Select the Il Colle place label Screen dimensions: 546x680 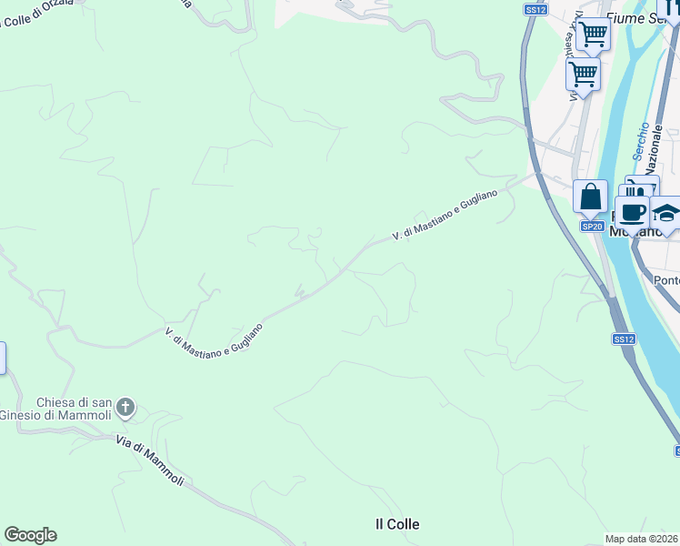pyautogui.click(x=397, y=524)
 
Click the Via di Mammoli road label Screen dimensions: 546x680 pyautogui.click(x=150, y=460)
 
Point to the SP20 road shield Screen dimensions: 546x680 pyautogui.click(x=592, y=226)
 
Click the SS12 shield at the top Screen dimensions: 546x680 pyautogui.click(x=535, y=9)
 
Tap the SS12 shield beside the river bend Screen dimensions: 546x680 pyautogui.click(x=623, y=339)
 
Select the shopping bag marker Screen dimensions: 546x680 pyautogui.click(x=591, y=197)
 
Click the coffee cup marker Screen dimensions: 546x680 pyautogui.click(x=633, y=213)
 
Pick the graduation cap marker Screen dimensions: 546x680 pyautogui.click(x=666, y=214)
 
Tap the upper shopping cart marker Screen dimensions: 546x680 pyautogui.click(x=593, y=35)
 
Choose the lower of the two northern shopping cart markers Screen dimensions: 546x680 pyautogui.click(x=583, y=73)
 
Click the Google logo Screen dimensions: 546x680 pyautogui.click(x=30, y=535)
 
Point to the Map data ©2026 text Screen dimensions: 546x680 pyautogui.click(x=642, y=539)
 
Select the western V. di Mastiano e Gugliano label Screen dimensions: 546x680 pyautogui.click(x=215, y=342)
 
